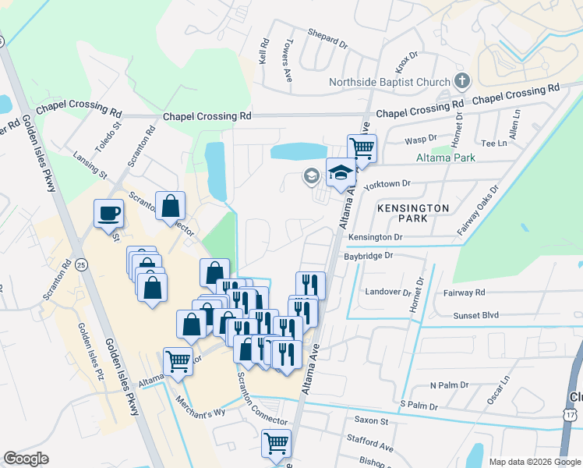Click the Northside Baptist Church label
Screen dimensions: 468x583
pos(389,82)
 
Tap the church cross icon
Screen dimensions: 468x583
pos(462,80)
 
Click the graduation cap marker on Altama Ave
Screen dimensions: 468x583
pos(341,173)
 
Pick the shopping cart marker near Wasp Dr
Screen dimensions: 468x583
pos(362,147)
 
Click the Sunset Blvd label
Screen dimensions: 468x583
pos(475,316)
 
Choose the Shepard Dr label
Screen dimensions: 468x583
pos(327,37)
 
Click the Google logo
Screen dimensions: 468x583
pos(26,459)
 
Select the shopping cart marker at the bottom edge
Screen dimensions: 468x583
pos(276,443)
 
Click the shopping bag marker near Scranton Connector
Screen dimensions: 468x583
pos(170,207)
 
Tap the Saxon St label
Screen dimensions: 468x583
pos(372,420)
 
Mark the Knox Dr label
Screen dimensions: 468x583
pos(407,56)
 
